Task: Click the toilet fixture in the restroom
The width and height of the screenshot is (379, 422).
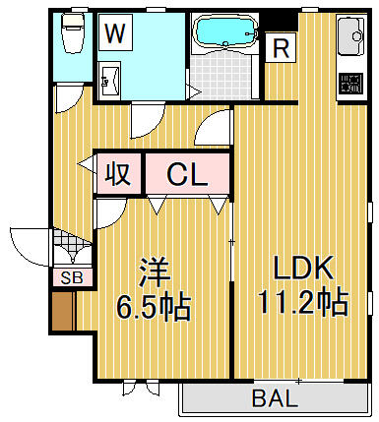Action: [x=73, y=33]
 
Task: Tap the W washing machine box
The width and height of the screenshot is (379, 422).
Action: [x=115, y=32]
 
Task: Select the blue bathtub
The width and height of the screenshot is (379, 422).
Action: [x=224, y=31]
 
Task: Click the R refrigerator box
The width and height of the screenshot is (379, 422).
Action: [x=281, y=47]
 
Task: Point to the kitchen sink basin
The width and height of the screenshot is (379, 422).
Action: [x=351, y=36]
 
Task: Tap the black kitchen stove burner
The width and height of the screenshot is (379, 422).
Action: [x=351, y=83]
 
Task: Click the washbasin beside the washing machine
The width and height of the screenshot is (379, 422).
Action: [x=109, y=80]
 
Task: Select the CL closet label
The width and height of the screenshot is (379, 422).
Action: [x=187, y=174]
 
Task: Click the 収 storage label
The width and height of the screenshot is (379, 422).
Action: [x=117, y=174]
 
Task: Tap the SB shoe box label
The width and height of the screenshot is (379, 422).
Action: [x=72, y=278]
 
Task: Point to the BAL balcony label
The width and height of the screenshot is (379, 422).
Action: [x=275, y=398]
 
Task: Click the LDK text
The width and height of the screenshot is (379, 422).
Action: [x=302, y=268]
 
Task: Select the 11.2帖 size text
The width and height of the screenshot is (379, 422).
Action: [x=302, y=302]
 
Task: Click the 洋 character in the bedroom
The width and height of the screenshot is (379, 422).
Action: [x=154, y=272]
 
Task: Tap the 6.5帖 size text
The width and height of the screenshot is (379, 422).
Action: [x=154, y=306]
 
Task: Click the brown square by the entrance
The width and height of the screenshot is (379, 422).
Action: [x=63, y=311]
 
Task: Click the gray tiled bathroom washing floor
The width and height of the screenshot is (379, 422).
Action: [x=221, y=75]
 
